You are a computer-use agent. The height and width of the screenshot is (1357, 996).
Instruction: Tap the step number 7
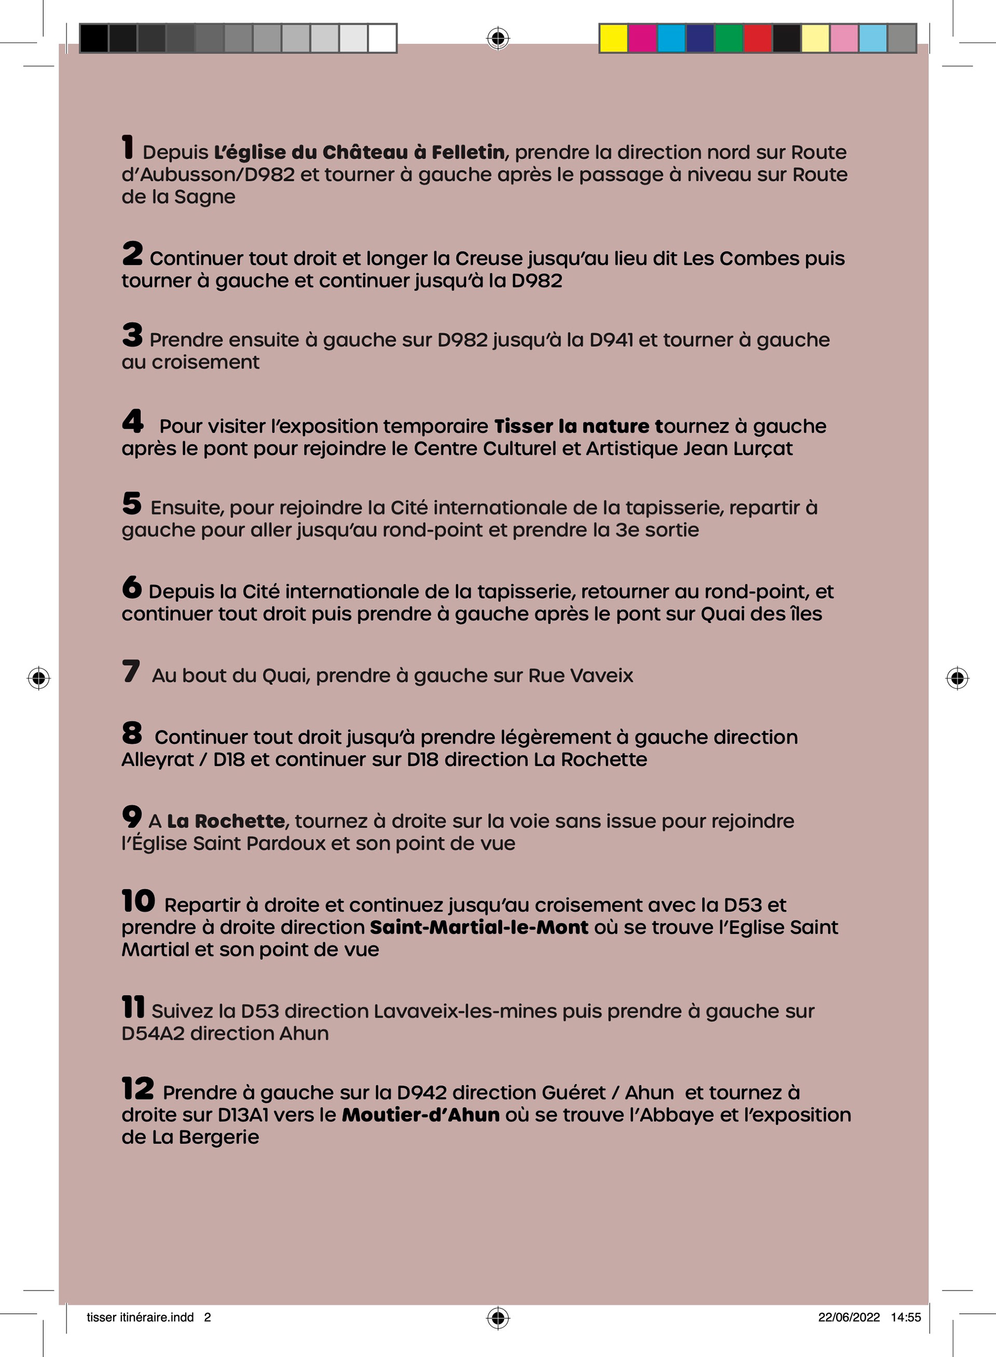click(131, 671)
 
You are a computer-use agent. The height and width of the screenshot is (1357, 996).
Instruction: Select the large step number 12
click(137, 1088)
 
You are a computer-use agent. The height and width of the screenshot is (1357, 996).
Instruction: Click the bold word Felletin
click(468, 152)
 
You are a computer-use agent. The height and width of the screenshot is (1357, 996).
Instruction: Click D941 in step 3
click(611, 340)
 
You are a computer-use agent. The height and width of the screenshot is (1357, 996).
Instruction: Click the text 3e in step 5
click(625, 530)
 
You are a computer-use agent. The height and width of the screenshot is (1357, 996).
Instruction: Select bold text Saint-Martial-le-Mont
click(479, 927)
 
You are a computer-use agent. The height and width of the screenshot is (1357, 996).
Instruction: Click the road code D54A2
click(153, 1033)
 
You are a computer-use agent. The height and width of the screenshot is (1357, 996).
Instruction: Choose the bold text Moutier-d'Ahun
click(420, 1115)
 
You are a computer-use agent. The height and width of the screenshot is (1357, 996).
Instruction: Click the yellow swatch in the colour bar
click(614, 38)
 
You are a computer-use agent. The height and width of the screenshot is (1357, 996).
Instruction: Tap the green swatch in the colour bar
click(729, 38)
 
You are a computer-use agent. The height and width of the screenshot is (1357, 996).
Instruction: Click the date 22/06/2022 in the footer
click(848, 1317)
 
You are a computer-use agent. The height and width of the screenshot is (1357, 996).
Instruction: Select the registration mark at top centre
click(498, 38)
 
